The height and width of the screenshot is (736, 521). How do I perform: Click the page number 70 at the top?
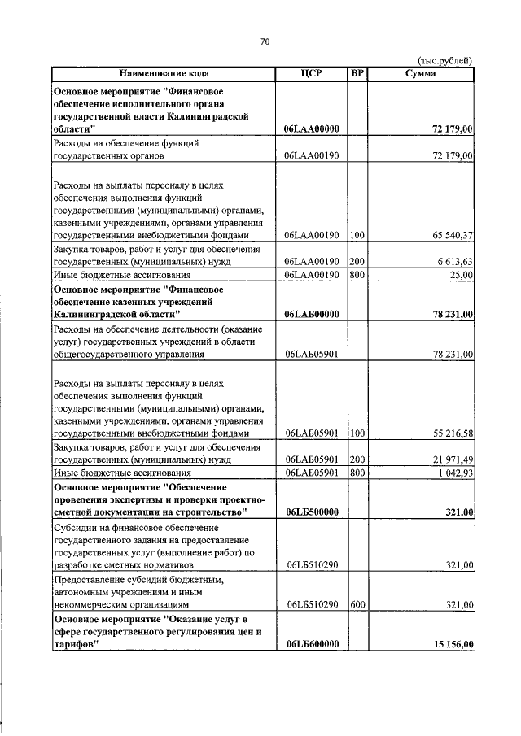click(x=265, y=41)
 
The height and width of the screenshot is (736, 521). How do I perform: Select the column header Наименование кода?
click(x=163, y=73)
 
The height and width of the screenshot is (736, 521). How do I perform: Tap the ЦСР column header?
click(x=311, y=73)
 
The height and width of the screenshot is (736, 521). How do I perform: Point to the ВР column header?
click(x=357, y=73)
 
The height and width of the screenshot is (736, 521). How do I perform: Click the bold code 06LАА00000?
click(x=312, y=129)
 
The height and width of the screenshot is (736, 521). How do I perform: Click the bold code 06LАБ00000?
click(x=312, y=314)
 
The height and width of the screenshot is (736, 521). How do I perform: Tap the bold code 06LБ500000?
click(x=312, y=512)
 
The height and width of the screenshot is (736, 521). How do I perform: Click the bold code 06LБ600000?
click(x=312, y=644)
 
